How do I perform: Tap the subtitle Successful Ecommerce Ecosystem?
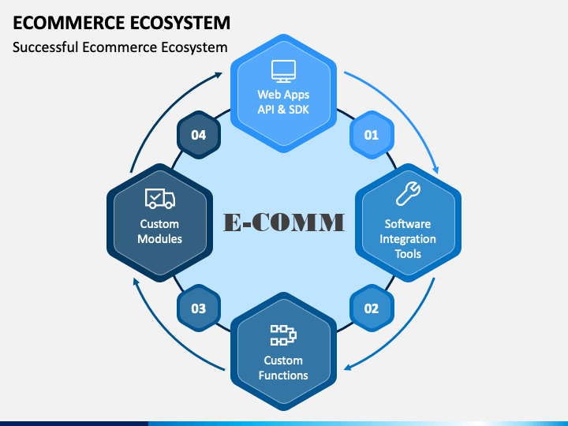(x=120, y=47)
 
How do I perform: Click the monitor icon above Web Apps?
(x=283, y=71)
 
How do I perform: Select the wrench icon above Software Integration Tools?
(x=408, y=194)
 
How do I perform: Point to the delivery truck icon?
(x=159, y=198)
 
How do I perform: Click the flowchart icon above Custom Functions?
(x=283, y=334)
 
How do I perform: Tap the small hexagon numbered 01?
(x=371, y=135)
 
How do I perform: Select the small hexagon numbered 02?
(x=371, y=308)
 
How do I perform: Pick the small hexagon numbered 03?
(x=198, y=308)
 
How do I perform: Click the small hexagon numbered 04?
(x=198, y=135)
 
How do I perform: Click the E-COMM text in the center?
(x=283, y=222)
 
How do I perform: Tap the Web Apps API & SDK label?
(x=283, y=102)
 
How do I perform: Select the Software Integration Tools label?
(x=408, y=239)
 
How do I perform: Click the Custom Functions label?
(x=283, y=368)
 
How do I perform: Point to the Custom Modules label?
(x=159, y=231)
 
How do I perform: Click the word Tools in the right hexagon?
(x=408, y=254)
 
